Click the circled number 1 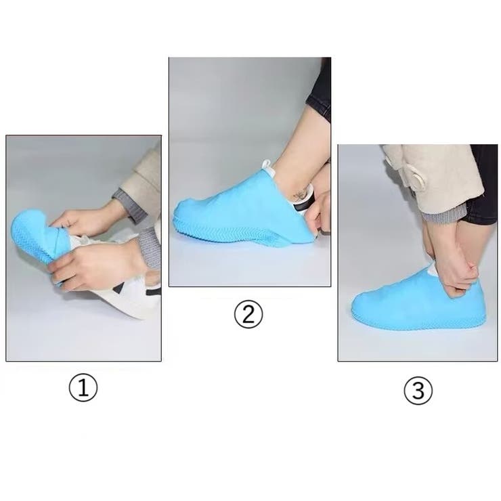pyautogui.click(x=83, y=387)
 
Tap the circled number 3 pyautogui.click(x=418, y=391)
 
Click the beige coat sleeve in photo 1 pyautogui.click(x=141, y=186)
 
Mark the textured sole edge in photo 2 pyautogui.click(x=243, y=234)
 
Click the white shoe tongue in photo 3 pyautogui.click(x=431, y=271)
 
